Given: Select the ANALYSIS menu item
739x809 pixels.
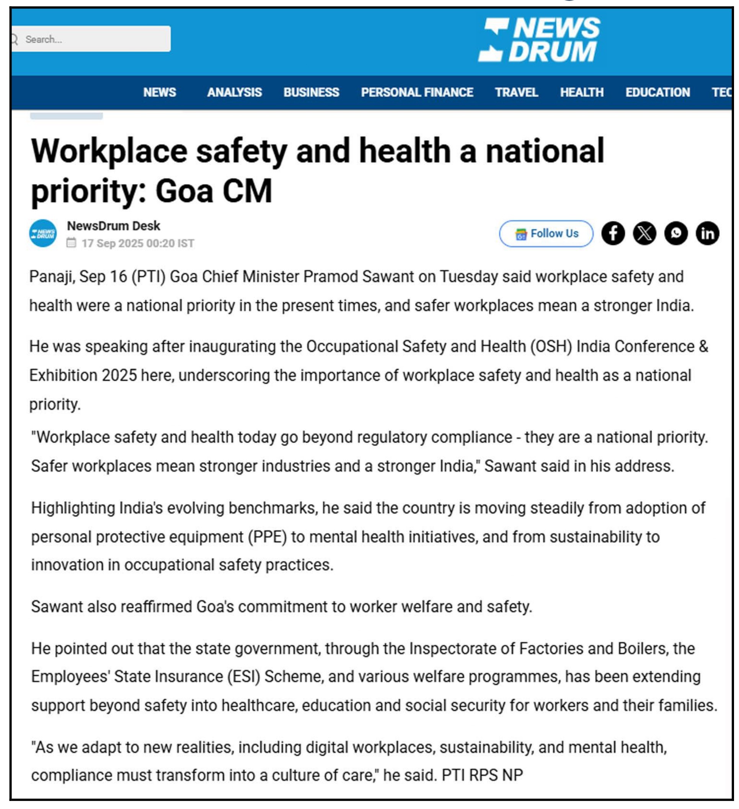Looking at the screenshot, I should click(235, 92).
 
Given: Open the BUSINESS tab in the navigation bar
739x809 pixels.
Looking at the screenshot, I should click(311, 92).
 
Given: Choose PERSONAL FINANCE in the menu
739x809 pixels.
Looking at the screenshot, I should click(417, 92).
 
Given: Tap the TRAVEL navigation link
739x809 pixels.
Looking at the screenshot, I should click(516, 92).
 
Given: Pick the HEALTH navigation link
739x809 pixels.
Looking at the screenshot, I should click(582, 92).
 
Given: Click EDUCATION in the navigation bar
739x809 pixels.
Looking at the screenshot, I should click(657, 92).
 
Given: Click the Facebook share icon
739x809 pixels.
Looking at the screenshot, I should click(613, 234).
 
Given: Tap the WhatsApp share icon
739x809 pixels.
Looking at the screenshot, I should click(676, 234).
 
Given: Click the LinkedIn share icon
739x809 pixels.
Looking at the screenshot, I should click(707, 234).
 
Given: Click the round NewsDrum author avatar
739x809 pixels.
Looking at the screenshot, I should click(43, 234).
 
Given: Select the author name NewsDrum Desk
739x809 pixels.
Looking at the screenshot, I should click(114, 226).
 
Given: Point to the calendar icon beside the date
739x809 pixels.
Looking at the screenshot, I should click(71, 243).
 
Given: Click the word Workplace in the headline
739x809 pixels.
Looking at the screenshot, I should click(109, 152).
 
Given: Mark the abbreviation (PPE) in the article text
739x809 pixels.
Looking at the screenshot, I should click(268, 537).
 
